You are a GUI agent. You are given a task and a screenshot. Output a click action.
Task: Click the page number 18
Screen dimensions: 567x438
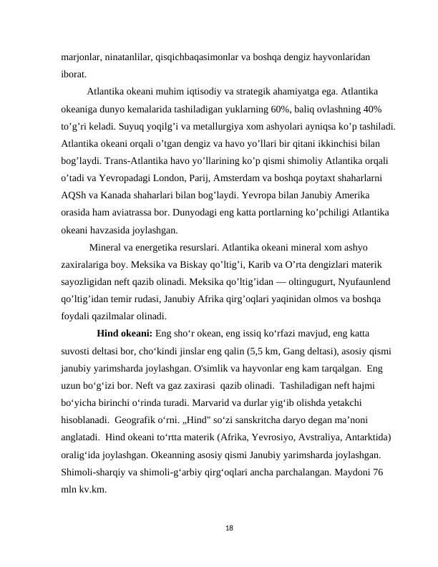[229, 528]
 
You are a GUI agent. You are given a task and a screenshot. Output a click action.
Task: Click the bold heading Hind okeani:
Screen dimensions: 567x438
[124, 333]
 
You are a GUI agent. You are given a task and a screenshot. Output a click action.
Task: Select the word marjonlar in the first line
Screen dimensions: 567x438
[80, 57]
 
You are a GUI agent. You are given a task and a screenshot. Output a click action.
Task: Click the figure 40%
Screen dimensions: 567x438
[369, 110]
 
